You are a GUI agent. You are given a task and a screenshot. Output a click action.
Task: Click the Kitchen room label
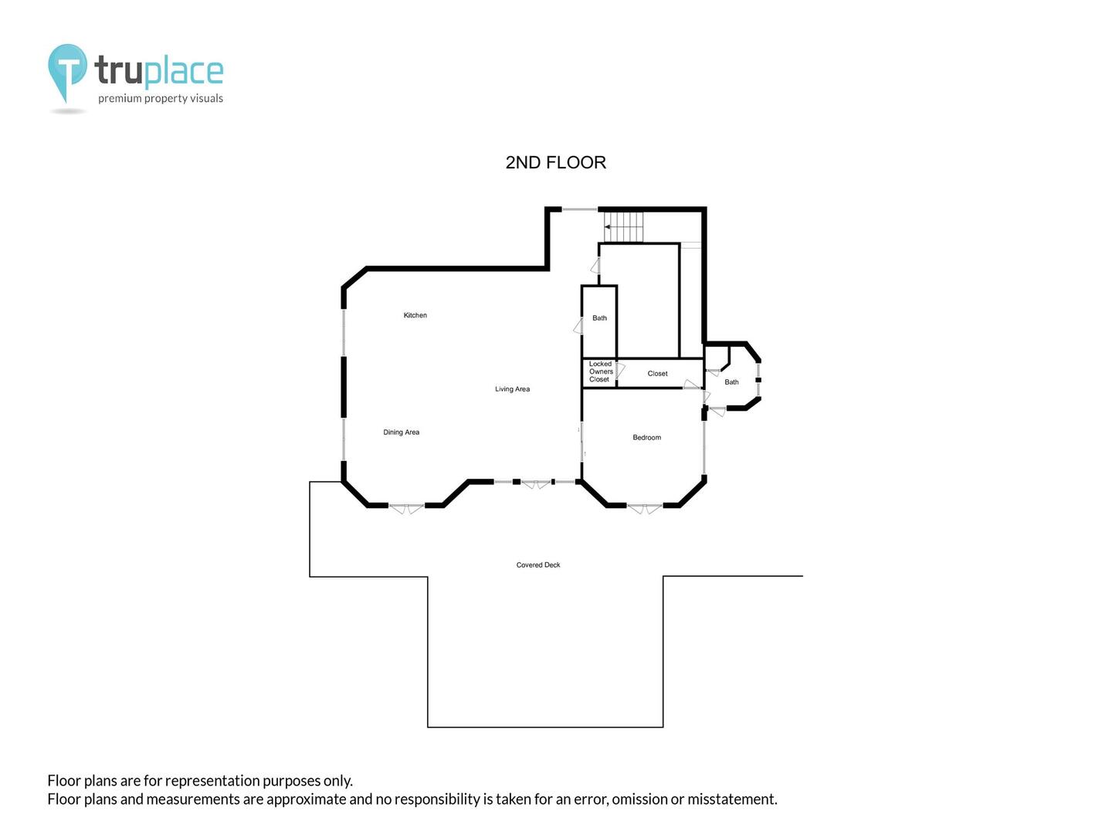tap(415, 315)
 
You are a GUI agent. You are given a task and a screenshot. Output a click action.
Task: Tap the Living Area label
tap(512, 389)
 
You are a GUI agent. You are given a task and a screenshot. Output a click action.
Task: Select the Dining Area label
tap(402, 432)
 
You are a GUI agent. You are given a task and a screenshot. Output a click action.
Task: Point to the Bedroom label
tap(646, 438)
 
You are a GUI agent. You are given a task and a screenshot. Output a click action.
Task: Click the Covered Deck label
tap(538, 564)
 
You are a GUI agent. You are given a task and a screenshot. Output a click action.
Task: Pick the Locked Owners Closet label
tap(601, 371)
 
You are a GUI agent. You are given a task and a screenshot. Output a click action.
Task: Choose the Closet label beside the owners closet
tap(658, 373)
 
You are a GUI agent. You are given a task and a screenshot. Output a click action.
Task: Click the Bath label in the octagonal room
tap(731, 381)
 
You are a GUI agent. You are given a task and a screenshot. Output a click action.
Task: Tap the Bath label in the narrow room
tap(599, 318)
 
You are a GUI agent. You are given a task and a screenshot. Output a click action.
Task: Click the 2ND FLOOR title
tap(556, 162)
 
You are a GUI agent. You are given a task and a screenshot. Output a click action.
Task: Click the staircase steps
tap(623, 227)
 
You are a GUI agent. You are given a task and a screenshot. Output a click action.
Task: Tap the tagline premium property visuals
tap(161, 98)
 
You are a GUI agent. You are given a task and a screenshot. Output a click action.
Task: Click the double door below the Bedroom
tap(644, 508)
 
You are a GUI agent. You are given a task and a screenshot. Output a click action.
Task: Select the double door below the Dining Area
tap(406, 508)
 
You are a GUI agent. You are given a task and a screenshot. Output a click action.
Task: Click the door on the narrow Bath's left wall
tap(578, 326)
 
